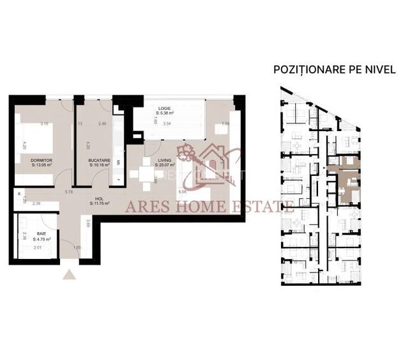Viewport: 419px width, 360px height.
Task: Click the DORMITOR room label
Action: coord(41,159)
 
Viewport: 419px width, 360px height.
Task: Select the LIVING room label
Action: coord(164,159)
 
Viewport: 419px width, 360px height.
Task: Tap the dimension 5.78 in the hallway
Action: coord(68,191)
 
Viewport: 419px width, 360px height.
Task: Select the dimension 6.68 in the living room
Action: coord(183,191)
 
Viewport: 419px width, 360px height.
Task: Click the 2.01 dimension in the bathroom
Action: coord(36,247)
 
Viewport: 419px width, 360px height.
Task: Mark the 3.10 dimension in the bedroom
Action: coord(44,123)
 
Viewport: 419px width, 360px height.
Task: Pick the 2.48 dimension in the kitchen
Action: coord(102,123)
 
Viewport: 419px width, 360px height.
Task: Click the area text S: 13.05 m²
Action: coord(41,164)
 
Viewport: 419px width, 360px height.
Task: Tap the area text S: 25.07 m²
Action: coord(164,164)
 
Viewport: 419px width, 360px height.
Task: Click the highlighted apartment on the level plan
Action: coord(345,182)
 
